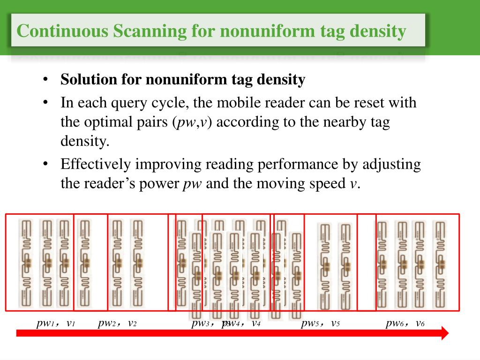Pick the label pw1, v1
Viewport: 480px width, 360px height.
point(56,323)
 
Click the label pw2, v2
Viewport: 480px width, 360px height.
point(117,323)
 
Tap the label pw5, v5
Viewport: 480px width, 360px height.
point(320,323)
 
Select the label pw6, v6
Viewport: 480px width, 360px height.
point(405,323)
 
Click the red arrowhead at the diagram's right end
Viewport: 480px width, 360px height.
point(444,333)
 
